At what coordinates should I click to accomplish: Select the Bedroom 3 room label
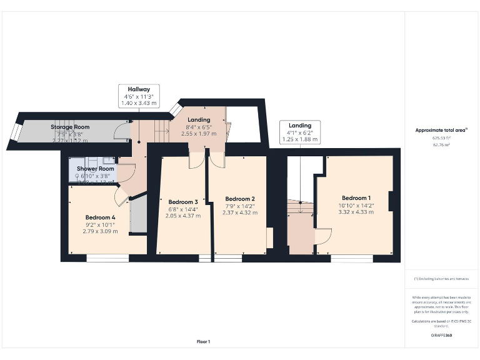click(183, 202)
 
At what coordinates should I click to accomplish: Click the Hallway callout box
click(139, 96)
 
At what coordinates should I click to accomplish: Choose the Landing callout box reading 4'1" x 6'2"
click(299, 132)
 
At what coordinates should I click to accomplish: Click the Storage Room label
click(70, 127)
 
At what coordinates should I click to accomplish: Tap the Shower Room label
click(96, 169)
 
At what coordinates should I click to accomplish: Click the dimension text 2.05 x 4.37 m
click(183, 216)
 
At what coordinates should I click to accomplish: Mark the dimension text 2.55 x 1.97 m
click(199, 134)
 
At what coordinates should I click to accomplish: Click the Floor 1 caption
click(203, 341)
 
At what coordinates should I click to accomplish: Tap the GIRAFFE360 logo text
click(441, 336)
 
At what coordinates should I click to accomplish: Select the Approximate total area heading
click(441, 130)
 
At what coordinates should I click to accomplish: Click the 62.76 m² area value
click(441, 144)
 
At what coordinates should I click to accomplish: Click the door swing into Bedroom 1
click(323, 236)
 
